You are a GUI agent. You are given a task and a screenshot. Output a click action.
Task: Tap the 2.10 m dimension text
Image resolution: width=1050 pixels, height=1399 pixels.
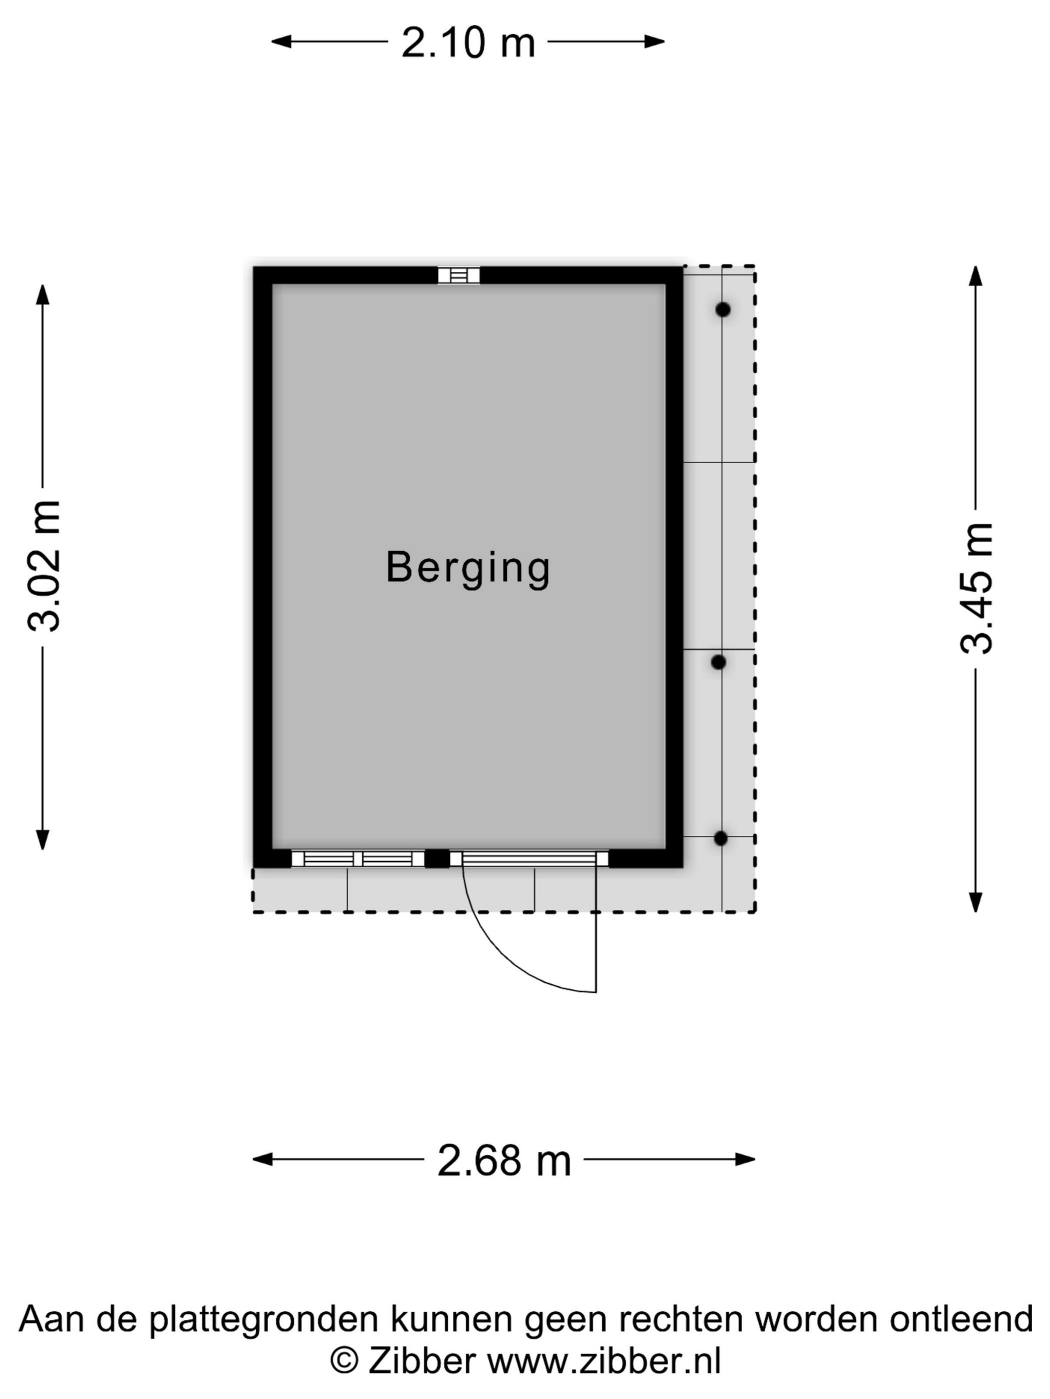[468, 43]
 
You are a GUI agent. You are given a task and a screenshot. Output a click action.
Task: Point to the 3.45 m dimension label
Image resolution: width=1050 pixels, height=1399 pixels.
[976, 588]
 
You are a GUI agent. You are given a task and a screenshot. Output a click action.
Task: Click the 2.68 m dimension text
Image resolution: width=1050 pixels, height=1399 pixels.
[504, 1161]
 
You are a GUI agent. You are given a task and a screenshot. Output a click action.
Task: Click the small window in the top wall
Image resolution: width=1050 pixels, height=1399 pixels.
[459, 275]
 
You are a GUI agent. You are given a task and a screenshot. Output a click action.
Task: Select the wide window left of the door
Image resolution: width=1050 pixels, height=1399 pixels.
[357, 859]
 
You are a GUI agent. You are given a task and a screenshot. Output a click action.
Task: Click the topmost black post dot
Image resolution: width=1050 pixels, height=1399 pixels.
[723, 309]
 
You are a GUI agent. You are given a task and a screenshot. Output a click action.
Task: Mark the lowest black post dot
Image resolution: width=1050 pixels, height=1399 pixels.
[721, 838]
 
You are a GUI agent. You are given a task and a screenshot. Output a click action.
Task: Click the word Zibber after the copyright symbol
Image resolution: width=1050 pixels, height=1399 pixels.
[421, 1361]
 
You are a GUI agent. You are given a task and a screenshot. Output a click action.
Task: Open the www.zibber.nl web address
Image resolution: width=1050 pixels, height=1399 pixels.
[604, 1361]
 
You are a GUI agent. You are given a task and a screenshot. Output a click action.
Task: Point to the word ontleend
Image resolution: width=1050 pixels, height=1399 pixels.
[961, 1320]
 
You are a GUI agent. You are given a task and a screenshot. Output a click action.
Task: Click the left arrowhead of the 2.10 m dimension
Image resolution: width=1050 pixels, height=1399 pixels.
[281, 42]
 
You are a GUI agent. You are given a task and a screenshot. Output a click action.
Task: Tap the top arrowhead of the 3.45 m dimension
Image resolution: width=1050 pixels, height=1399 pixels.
[976, 276]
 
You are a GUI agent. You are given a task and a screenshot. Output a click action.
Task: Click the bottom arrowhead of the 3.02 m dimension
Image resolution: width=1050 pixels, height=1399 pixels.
[42, 840]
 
